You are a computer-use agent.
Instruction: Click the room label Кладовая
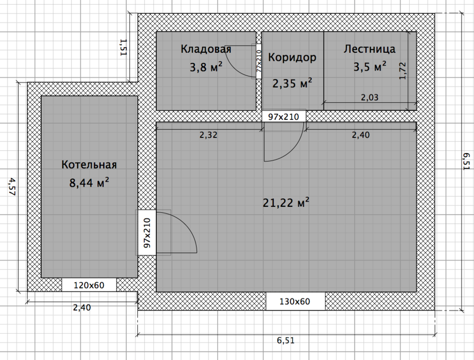click(206, 49)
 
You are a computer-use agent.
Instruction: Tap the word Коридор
click(292, 58)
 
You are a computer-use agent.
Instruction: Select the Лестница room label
click(369, 48)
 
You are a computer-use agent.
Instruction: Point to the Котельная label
click(89, 165)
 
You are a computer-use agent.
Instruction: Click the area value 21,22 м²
click(285, 203)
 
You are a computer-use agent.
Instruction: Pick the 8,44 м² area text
click(89, 183)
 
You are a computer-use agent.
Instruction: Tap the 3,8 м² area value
click(206, 67)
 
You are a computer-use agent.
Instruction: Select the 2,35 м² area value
click(292, 83)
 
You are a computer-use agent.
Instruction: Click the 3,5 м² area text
click(370, 67)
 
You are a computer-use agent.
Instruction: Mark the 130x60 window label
click(295, 301)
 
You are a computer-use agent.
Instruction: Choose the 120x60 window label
click(89, 285)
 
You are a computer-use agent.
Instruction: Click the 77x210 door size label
click(259, 61)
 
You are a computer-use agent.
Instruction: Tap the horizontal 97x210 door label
click(284, 117)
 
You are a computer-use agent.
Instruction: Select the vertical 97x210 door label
click(147, 233)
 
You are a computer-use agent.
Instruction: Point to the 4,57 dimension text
click(12, 187)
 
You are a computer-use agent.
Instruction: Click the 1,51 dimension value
click(123, 47)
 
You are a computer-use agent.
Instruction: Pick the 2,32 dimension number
click(208, 135)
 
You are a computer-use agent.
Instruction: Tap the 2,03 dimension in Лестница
click(370, 97)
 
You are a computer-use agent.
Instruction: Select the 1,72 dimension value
click(403, 71)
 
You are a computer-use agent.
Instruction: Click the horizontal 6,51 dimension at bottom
click(285, 340)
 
